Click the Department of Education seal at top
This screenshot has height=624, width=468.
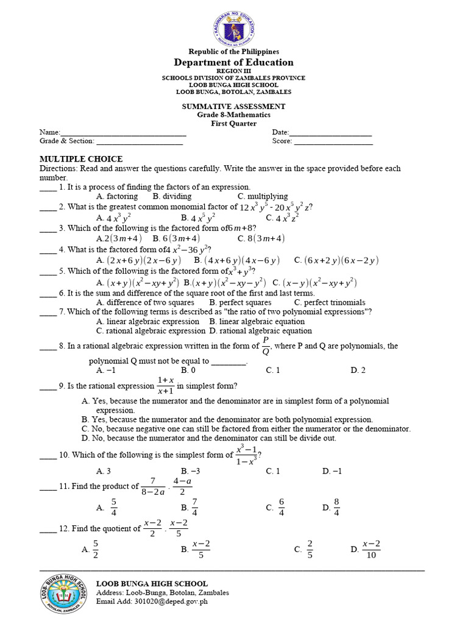click(233, 26)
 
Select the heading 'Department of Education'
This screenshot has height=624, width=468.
click(233, 62)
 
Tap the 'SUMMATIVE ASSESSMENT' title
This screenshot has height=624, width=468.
click(233, 107)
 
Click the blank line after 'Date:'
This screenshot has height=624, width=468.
click(330, 133)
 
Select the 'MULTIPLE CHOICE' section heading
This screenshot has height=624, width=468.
click(81, 159)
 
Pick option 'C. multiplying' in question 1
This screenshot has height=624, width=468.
click(263, 196)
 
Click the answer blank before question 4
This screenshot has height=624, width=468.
click(48, 250)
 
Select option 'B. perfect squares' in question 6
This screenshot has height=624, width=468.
click(240, 302)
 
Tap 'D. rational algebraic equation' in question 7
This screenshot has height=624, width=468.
click(260, 331)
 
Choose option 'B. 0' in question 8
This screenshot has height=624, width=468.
click(188, 370)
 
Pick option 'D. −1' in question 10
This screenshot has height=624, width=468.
click(332, 471)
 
